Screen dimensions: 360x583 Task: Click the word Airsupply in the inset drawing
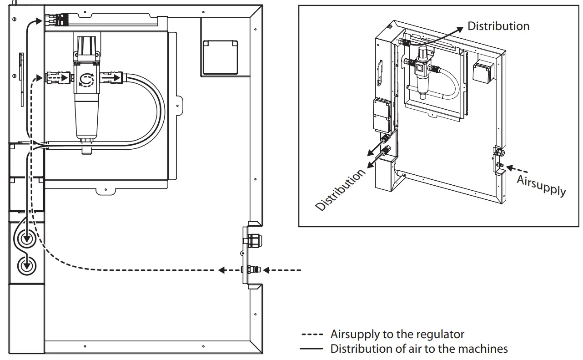[541, 186]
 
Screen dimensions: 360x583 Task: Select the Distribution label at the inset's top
[498, 26]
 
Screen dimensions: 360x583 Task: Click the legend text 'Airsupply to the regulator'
[397, 335]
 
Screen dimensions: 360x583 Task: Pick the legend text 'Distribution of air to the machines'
[419, 349]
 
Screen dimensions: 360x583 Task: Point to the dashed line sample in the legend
[312, 335]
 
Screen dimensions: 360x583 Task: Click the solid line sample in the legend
[312, 349]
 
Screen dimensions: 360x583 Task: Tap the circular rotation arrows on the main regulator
[85, 80]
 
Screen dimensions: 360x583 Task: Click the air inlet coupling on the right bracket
[251, 270]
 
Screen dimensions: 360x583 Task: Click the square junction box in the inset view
[483, 71]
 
